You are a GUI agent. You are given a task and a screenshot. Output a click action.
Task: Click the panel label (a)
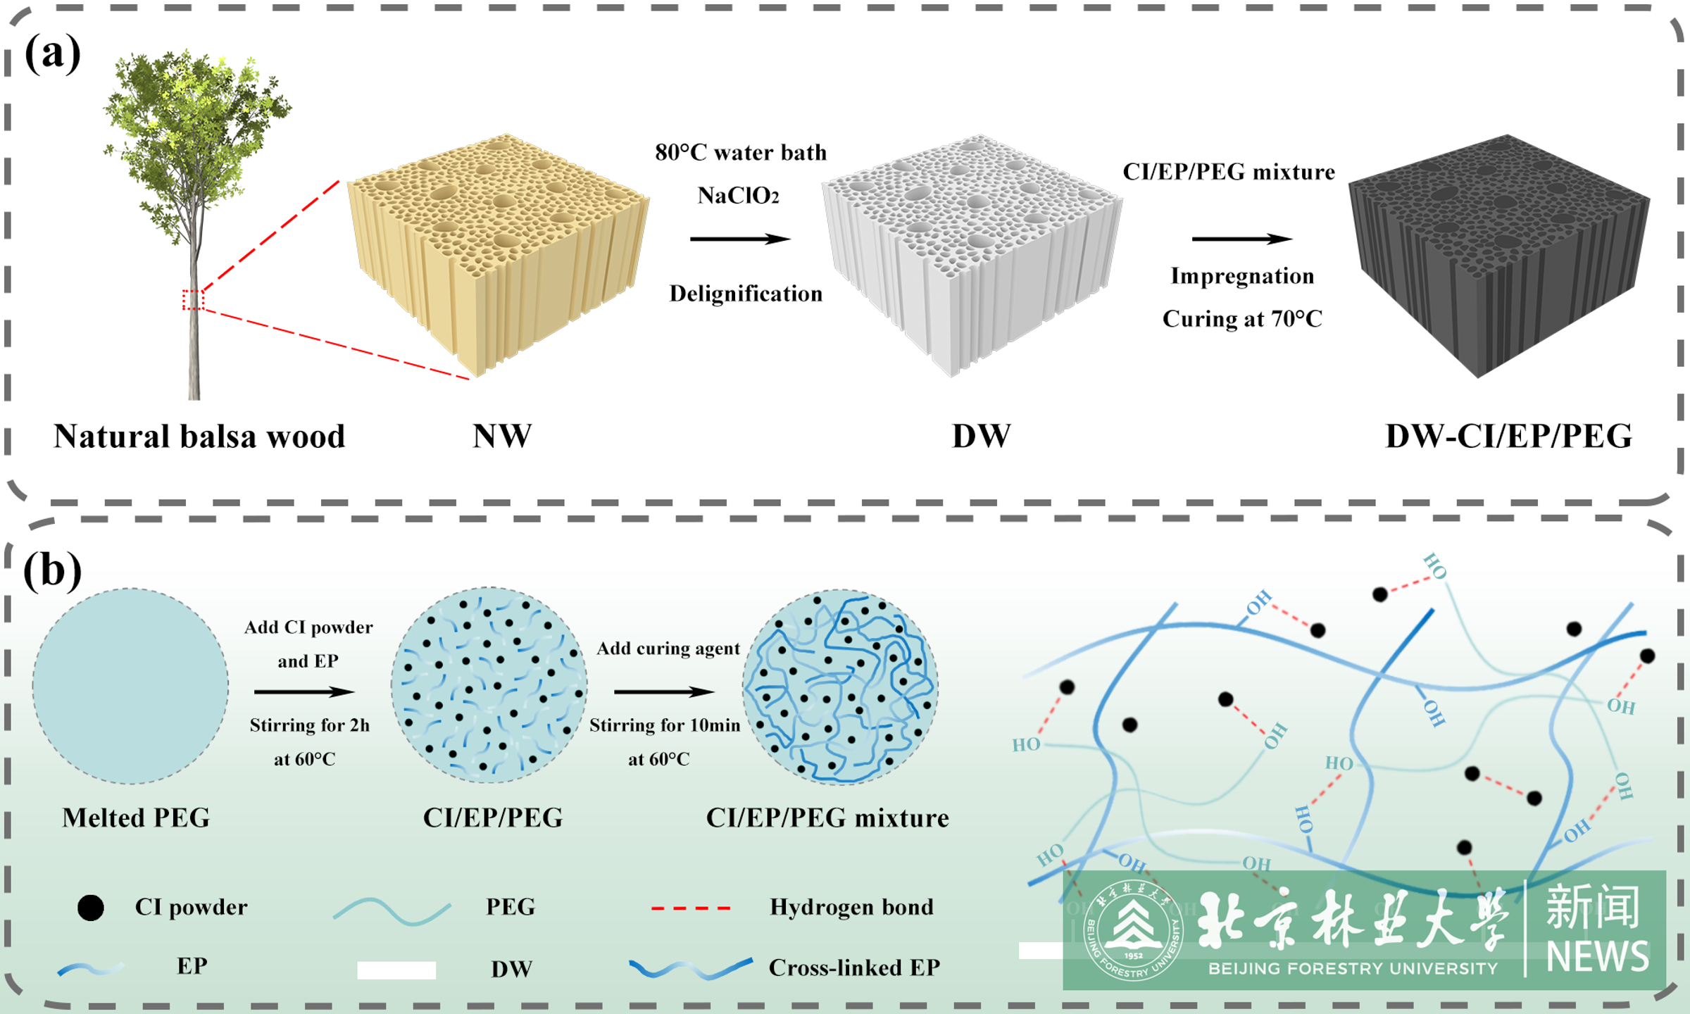(53, 54)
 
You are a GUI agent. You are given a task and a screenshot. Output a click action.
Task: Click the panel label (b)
(53, 570)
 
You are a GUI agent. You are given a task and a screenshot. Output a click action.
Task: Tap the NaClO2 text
(738, 196)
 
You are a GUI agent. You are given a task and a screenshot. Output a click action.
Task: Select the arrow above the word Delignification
(740, 239)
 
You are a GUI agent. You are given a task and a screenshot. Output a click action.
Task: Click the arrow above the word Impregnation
(1241, 239)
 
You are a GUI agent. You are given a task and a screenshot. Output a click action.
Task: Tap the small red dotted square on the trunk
(193, 300)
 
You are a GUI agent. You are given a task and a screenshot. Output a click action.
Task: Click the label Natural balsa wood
(199, 437)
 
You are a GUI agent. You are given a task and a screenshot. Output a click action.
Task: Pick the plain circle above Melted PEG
(130, 686)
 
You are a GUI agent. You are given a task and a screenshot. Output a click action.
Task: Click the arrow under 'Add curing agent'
(664, 692)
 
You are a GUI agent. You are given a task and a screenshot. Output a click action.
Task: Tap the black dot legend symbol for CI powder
(91, 908)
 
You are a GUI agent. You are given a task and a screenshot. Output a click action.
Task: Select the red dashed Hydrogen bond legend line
(690, 908)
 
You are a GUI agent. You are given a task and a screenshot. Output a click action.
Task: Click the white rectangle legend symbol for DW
(396, 970)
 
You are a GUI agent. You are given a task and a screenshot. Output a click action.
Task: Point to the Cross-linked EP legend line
(690, 969)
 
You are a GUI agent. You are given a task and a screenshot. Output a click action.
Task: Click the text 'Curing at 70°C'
(1242, 319)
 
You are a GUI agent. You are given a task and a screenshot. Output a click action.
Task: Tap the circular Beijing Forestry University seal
(1133, 930)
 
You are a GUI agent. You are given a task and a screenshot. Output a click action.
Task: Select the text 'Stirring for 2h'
(309, 725)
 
